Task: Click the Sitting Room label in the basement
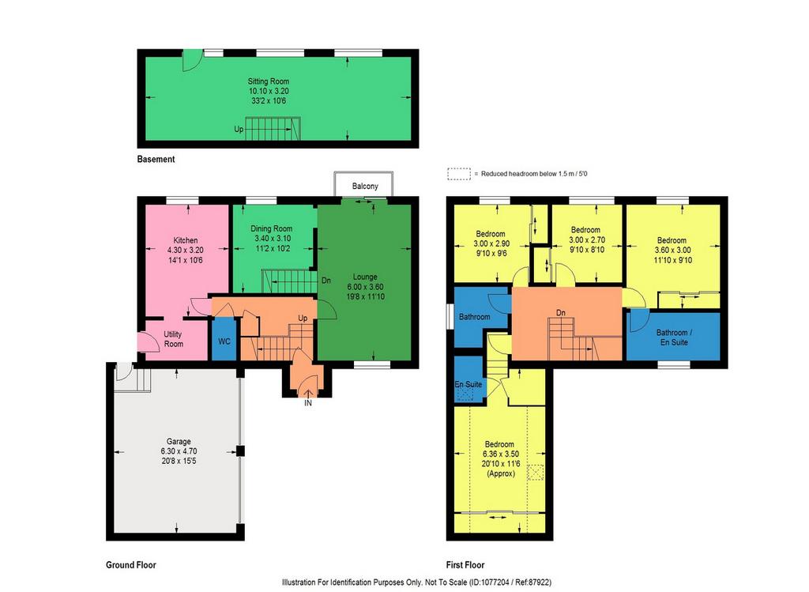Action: [269, 81]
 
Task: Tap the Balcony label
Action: [365, 186]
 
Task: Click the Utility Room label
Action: [173, 339]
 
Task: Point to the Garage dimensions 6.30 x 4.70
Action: [179, 451]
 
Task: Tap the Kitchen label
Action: [185, 240]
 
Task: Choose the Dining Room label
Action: [272, 228]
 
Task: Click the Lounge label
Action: [365, 277]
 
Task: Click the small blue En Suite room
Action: [468, 379]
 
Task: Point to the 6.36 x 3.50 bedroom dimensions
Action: [500, 454]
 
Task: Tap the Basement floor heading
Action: [156, 159]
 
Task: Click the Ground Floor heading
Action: [131, 564]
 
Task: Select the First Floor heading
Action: [465, 564]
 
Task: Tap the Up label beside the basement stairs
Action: [239, 129]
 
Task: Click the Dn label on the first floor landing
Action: [561, 313]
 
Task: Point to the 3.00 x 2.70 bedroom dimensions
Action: [587, 239]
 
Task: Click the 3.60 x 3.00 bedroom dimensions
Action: [672, 250]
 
